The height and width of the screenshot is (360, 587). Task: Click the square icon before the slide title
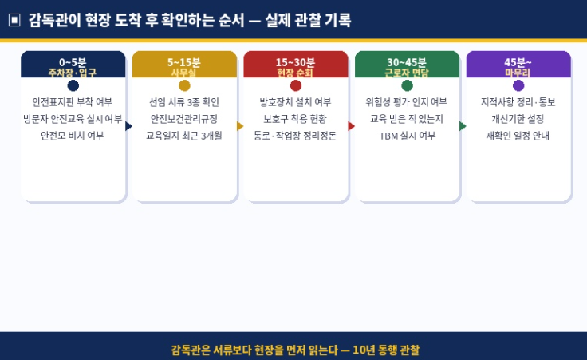(x=14, y=19)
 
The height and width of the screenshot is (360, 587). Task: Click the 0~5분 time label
(x=73, y=61)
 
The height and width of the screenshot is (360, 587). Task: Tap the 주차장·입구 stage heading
(x=73, y=73)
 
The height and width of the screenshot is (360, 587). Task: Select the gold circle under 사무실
(x=184, y=85)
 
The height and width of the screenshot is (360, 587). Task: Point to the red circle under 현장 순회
(x=296, y=85)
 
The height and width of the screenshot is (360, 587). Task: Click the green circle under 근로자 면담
(x=408, y=85)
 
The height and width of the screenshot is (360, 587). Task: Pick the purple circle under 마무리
(x=518, y=85)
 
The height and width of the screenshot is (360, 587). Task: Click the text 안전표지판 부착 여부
(x=73, y=102)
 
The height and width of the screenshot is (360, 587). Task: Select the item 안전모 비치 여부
(x=73, y=136)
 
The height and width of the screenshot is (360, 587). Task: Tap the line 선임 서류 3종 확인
(x=184, y=102)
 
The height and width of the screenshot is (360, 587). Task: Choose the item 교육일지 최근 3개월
(x=184, y=136)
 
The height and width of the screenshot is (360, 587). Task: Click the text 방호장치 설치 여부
(x=296, y=102)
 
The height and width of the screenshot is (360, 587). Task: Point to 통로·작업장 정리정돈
(x=296, y=136)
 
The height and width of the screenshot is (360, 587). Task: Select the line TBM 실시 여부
(x=408, y=136)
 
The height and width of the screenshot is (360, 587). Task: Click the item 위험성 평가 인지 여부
(x=408, y=102)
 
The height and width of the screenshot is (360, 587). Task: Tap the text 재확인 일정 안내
(x=518, y=136)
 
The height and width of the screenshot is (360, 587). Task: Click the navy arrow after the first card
(x=128, y=126)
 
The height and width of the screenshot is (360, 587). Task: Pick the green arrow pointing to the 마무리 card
(x=463, y=126)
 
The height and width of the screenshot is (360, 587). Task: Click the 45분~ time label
(x=518, y=61)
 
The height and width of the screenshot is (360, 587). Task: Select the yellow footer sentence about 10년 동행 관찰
(x=294, y=350)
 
